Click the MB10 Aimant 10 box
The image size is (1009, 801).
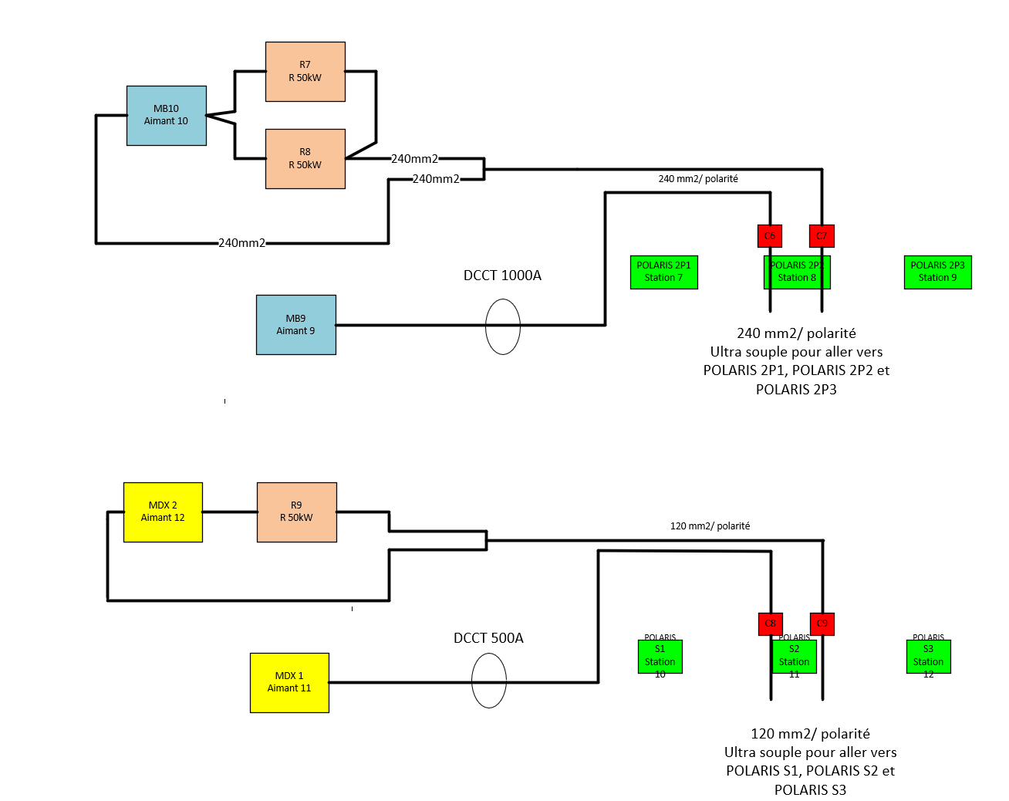coord(167,116)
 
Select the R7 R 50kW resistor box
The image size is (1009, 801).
coord(305,72)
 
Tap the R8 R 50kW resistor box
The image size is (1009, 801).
coord(305,159)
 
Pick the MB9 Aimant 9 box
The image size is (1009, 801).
coord(296,325)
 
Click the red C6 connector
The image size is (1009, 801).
coord(770,236)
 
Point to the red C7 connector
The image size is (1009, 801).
coord(822,236)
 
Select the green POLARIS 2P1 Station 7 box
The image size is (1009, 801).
coord(663,272)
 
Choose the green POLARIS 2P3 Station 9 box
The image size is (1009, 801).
coord(937,272)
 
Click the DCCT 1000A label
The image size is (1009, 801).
coord(502,275)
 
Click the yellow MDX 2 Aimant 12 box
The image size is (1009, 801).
coord(163,512)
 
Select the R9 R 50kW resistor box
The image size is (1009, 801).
coord(297,512)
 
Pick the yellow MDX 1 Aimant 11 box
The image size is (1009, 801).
coord(289,683)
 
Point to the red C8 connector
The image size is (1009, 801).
coord(771,624)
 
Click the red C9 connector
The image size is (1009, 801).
coord(822,624)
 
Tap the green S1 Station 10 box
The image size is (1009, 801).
coord(660,657)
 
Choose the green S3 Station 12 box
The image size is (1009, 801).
coord(928,657)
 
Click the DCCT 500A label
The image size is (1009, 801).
coord(488,638)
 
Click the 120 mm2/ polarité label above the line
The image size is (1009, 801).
coord(710,526)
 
